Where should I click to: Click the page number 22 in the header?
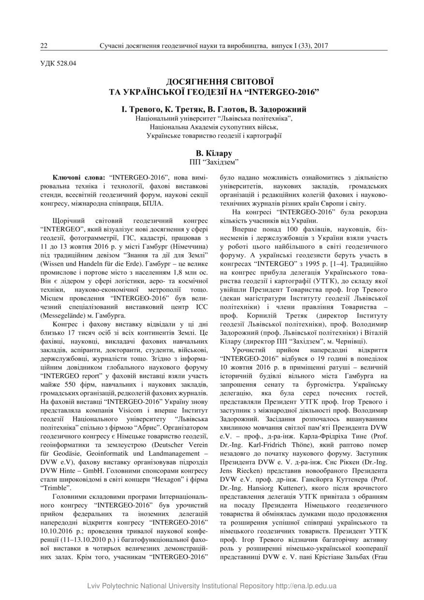click(x=44, y=46)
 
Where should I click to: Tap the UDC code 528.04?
click(x=63, y=63)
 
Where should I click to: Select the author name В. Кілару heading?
click(x=214, y=153)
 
